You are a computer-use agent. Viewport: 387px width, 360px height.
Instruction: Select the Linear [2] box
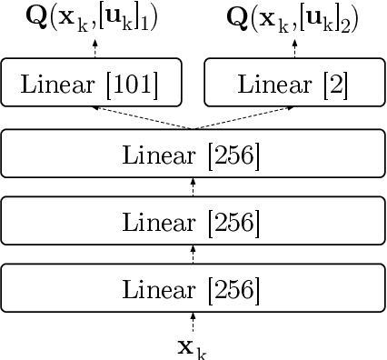pos(290,85)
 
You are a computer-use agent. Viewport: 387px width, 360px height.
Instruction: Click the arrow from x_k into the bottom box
pos(193,322)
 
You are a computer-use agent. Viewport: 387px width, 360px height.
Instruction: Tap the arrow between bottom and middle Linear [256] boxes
pos(193,255)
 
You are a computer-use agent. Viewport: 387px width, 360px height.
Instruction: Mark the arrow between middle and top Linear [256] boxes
pos(193,187)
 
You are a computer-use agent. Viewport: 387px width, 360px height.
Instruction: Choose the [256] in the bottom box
pos(235,290)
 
